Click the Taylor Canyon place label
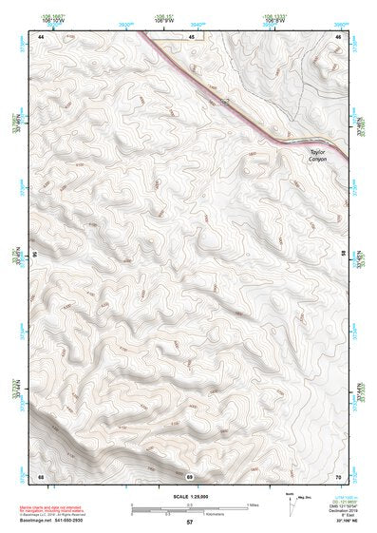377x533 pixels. pyautogui.click(x=316, y=155)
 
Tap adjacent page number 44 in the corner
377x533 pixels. pyautogui.click(x=42, y=36)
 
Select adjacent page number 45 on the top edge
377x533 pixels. pyautogui.click(x=191, y=36)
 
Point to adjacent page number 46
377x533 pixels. pyautogui.click(x=338, y=36)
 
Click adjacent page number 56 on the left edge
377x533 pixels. pyautogui.click(x=37, y=256)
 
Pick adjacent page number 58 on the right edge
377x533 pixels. pyautogui.click(x=343, y=256)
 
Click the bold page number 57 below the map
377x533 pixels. pyautogui.click(x=190, y=523)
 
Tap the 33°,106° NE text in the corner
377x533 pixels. pyautogui.click(x=342, y=523)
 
